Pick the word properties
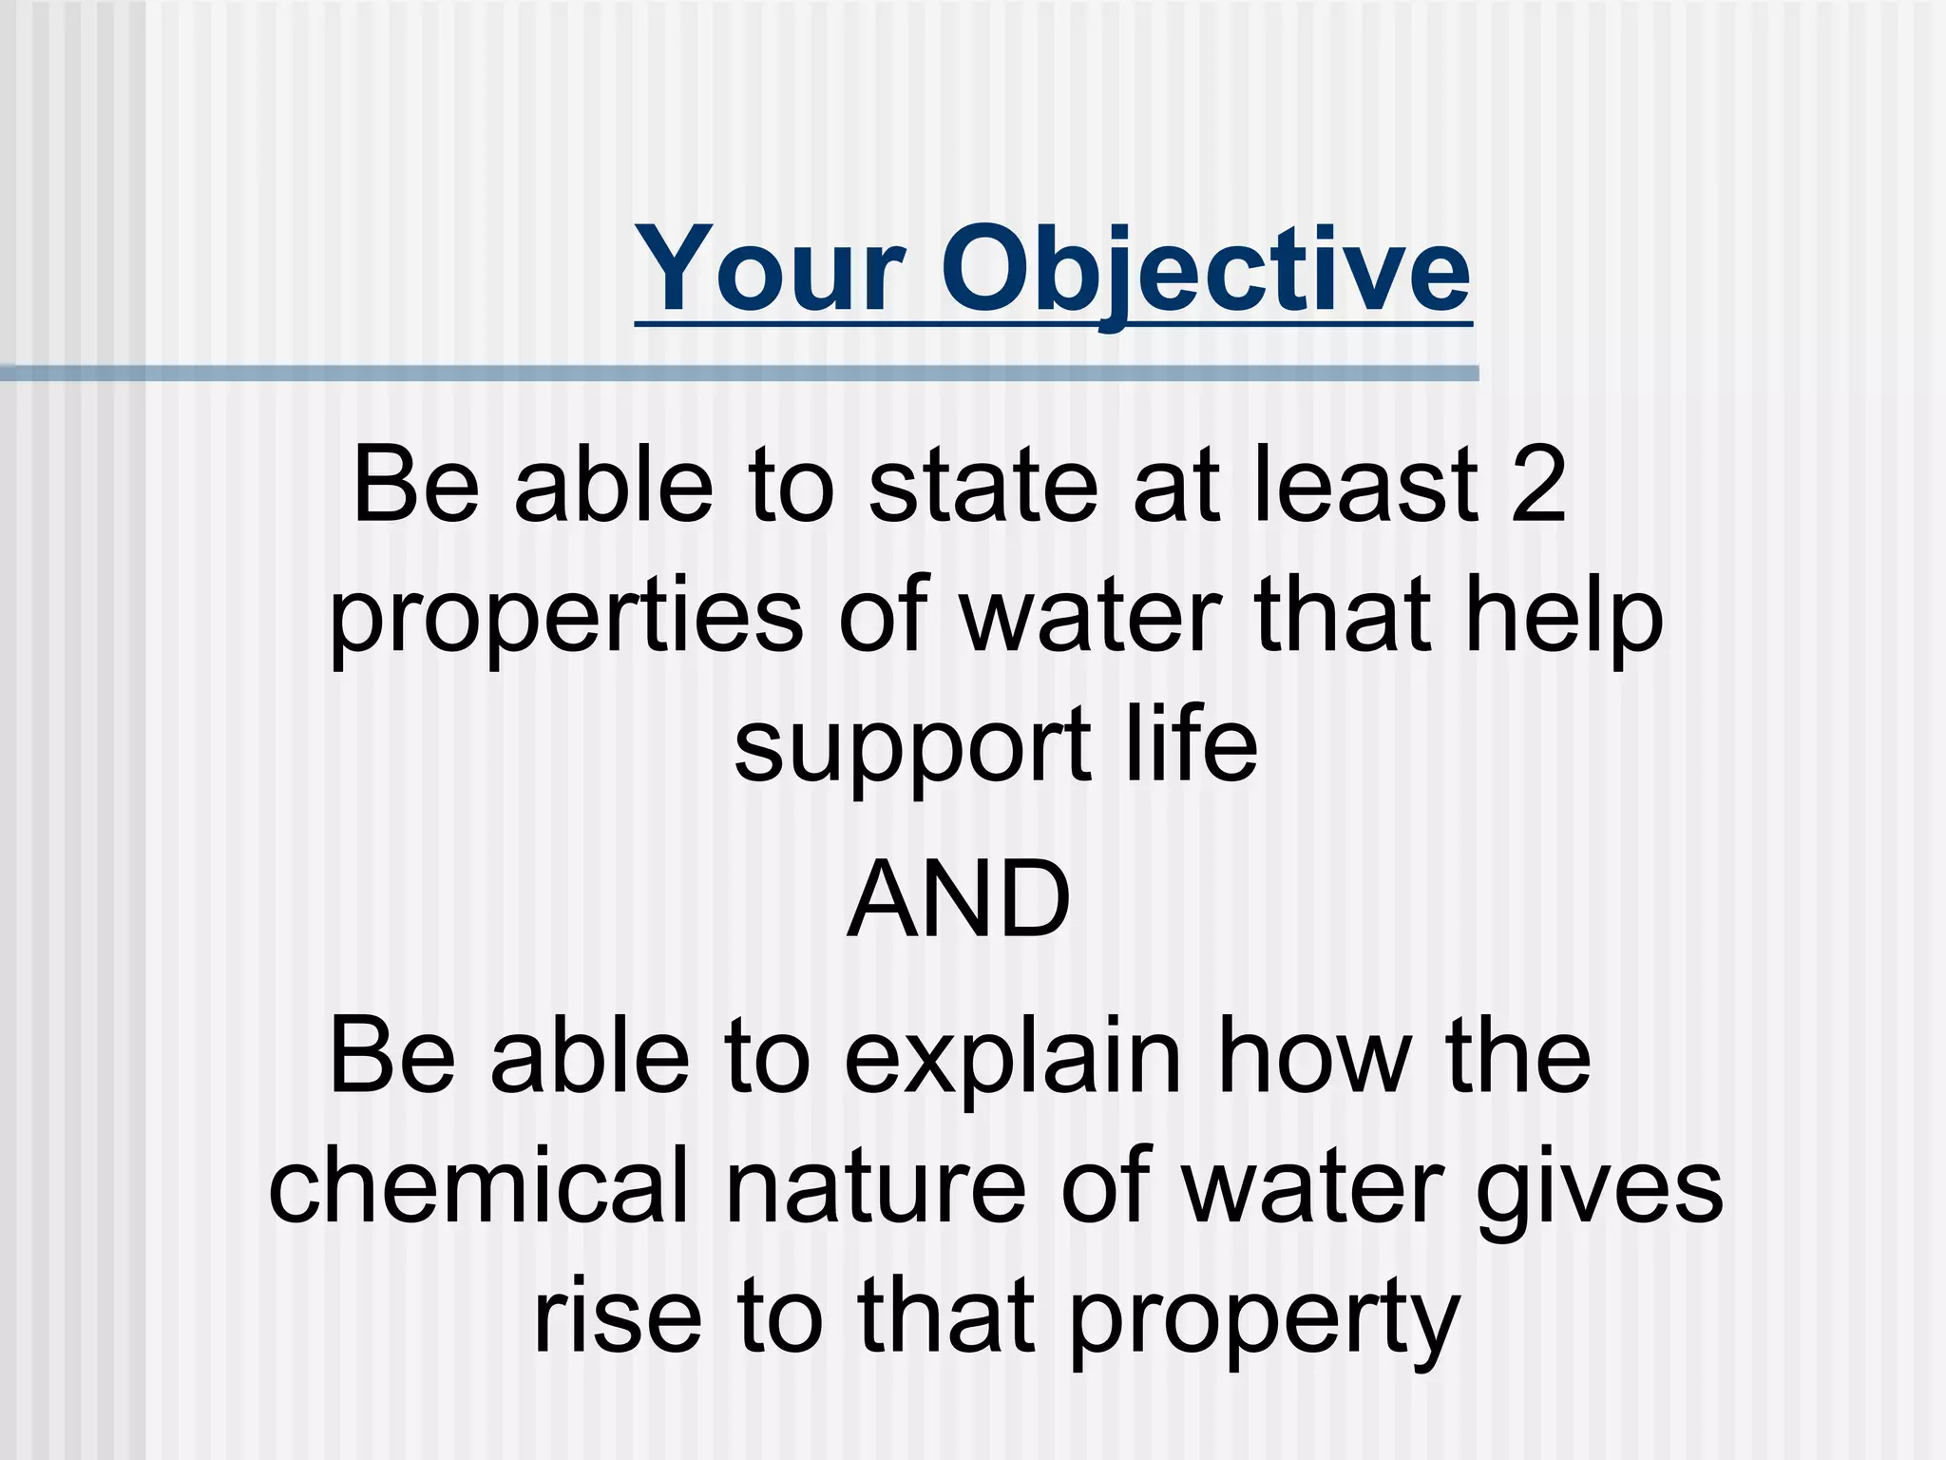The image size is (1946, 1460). coord(566,618)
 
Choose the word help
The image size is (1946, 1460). coord(1564,618)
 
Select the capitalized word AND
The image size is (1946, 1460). coord(959,899)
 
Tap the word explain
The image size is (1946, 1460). coord(1013,1057)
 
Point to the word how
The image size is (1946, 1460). coord(1315,1057)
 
